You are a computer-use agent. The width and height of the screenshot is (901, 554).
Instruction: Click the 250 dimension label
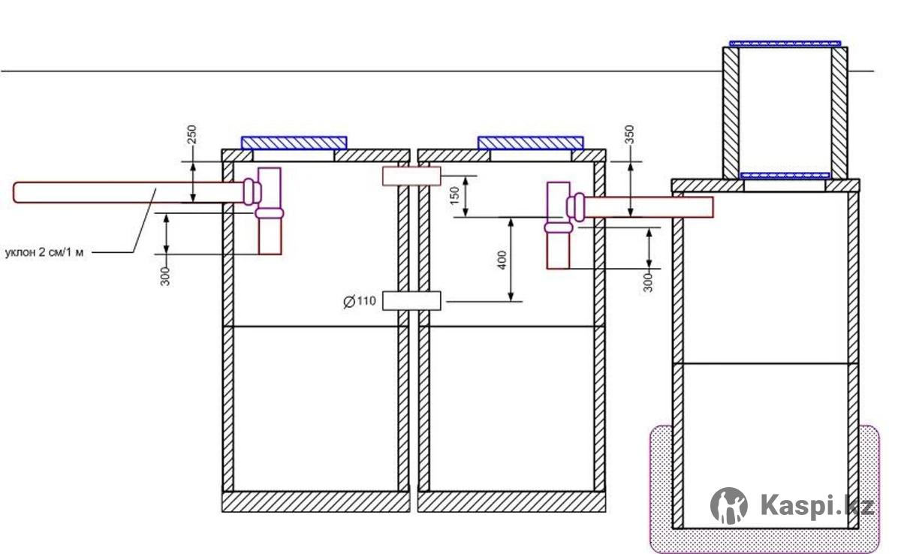(x=192, y=134)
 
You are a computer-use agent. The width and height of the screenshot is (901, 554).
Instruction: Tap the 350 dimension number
(x=630, y=134)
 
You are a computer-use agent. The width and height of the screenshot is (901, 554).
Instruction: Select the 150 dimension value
(x=454, y=195)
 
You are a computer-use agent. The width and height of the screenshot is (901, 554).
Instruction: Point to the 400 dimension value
(x=502, y=260)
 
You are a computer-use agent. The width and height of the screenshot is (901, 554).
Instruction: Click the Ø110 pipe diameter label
(x=360, y=301)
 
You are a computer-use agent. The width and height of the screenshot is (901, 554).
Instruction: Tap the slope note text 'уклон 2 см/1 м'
(x=44, y=253)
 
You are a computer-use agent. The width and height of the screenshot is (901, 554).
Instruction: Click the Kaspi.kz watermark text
(x=817, y=505)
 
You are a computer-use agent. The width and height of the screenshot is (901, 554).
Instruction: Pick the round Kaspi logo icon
(x=729, y=506)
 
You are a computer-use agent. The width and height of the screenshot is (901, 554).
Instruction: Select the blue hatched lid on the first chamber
(x=294, y=143)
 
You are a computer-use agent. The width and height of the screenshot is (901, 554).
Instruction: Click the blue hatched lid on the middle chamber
(x=531, y=143)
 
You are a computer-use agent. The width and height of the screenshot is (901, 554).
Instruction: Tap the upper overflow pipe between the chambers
(x=411, y=176)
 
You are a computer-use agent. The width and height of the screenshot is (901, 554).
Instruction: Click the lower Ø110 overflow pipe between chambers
(x=411, y=301)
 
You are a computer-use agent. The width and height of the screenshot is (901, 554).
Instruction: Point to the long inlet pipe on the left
(x=128, y=193)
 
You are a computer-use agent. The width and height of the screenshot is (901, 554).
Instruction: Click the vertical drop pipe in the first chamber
(x=270, y=211)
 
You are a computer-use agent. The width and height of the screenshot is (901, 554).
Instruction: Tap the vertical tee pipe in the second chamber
(x=558, y=225)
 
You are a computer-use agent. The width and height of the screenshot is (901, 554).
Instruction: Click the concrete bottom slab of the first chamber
(x=316, y=501)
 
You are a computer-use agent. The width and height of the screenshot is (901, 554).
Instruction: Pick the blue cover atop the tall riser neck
(x=785, y=44)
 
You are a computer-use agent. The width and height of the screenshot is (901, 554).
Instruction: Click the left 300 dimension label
(x=165, y=276)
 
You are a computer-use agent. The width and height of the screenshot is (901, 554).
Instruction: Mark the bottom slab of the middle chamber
(x=511, y=501)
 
